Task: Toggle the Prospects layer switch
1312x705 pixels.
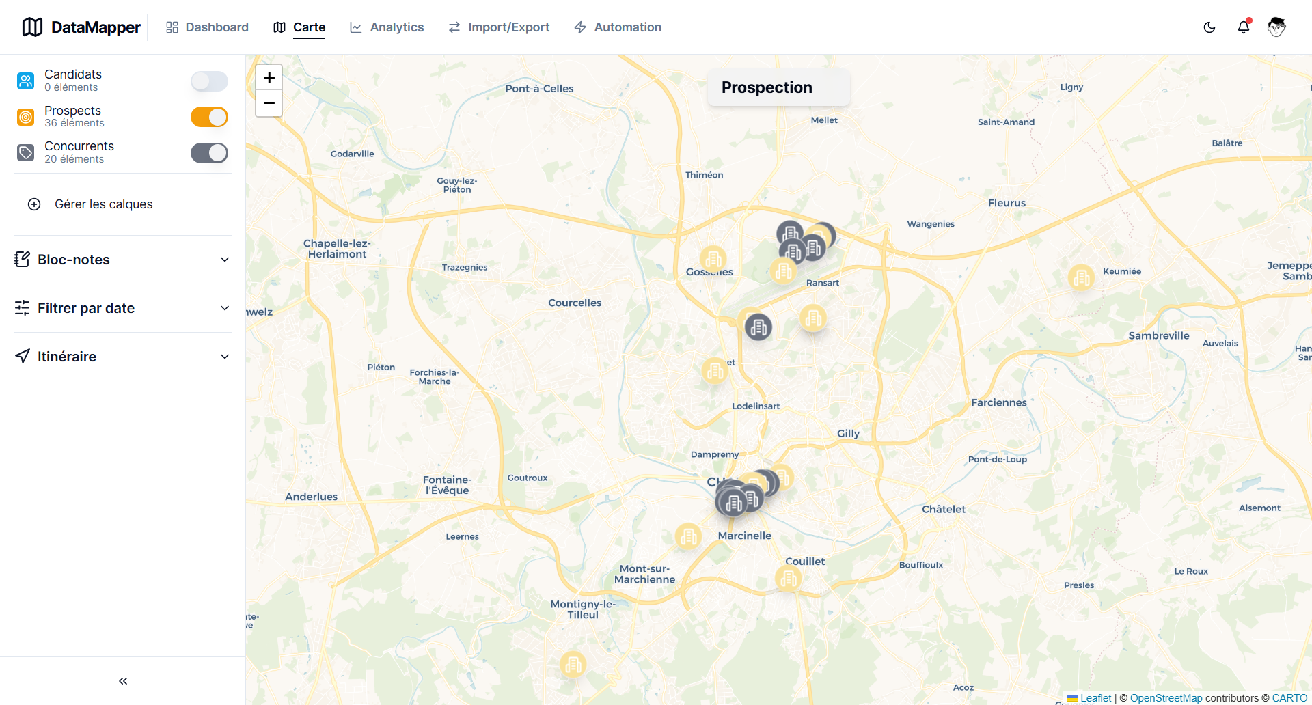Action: point(209,117)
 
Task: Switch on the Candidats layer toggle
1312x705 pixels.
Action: point(209,81)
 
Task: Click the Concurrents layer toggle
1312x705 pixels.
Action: point(209,153)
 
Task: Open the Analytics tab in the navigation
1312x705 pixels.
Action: point(387,27)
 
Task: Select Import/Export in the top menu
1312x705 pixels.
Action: point(499,27)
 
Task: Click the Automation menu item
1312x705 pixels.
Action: point(618,27)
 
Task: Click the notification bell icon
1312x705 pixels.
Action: point(1244,27)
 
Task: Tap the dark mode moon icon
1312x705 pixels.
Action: point(1209,27)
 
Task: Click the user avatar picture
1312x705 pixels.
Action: point(1276,27)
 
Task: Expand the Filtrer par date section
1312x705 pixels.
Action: point(122,308)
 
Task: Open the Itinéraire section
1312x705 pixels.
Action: point(122,357)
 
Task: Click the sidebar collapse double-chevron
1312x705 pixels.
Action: point(123,681)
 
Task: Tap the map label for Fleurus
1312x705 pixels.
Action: point(1007,203)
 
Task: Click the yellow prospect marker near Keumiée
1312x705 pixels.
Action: point(1081,277)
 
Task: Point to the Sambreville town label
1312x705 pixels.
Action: point(1158,335)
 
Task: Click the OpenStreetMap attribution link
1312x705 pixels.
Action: point(1166,697)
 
